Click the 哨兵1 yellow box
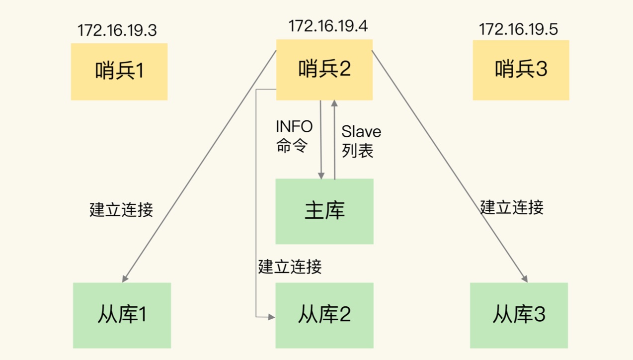(x=119, y=72)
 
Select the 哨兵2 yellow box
(x=324, y=70)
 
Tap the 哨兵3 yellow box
(x=521, y=70)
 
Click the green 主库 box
(x=324, y=211)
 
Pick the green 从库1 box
(x=122, y=315)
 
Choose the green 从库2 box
(x=324, y=315)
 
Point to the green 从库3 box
(x=519, y=315)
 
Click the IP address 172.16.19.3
(x=117, y=30)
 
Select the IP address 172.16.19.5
(x=518, y=29)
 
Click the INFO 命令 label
(x=294, y=136)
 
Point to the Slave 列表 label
(x=361, y=141)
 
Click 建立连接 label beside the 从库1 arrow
(x=121, y=209)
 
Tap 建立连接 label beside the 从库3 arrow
(x=512, y=207)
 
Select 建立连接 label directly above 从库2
(x=290, y=267)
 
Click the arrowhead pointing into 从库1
(x=125, y=279)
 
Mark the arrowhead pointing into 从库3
(x=525, y=279)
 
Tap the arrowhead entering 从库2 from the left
(x=272, y=316)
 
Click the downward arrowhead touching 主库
(x=321, y=176)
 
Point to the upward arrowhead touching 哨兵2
(x=334, y=103)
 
